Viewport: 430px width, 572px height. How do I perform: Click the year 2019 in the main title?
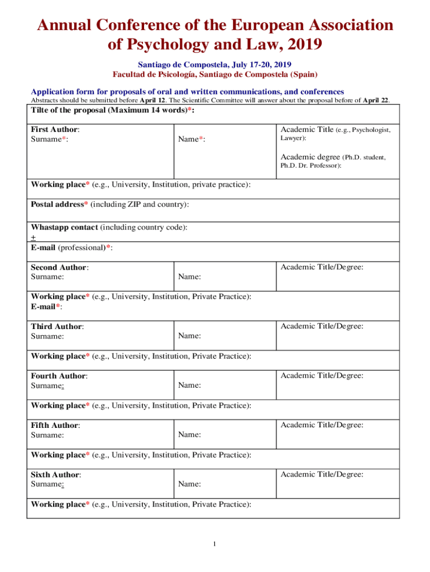tap(301, 45)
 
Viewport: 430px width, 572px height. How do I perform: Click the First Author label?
tap(54, 130)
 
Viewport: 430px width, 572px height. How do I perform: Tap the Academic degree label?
tap(309, 157)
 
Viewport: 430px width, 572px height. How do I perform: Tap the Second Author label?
tap(59, 268)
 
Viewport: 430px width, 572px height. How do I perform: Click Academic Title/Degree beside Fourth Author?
tap(322, 375)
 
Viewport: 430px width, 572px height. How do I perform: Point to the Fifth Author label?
tap(54, 425)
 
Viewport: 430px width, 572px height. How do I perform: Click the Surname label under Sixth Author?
tap(47, 484)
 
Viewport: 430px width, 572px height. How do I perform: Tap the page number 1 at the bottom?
tap(213, 545)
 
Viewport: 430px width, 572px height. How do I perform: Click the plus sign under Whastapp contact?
tap(33, 237)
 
